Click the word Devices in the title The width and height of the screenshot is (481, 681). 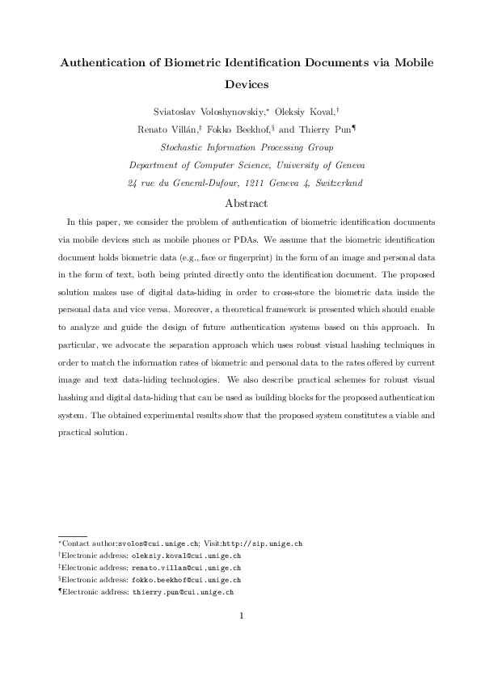pos(247,82)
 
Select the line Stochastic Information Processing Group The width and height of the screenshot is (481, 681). pos(247,147)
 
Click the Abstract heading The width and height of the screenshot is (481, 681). pos(247,202)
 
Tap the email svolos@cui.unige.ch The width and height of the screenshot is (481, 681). pos(155,544)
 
